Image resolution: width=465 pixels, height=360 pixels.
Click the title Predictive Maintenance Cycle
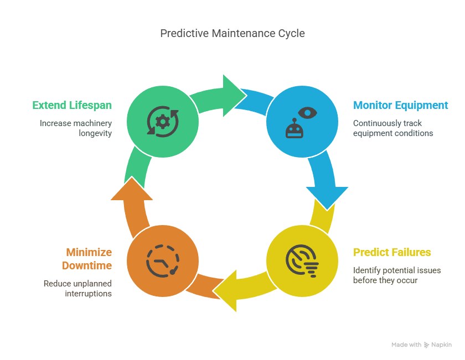point(232,34)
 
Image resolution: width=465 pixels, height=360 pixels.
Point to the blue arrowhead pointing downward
point(327,196)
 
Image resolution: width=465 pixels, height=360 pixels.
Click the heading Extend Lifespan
point(72,105)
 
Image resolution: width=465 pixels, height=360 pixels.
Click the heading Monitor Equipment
point(400,105)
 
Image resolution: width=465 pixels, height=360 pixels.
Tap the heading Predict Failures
point(392,252)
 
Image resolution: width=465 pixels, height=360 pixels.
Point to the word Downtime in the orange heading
point(87,265)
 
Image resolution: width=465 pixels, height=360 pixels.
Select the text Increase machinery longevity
point(76,128)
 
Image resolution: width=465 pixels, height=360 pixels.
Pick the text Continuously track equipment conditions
point(393,128)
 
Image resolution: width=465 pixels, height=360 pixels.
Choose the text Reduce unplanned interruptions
point(78,288)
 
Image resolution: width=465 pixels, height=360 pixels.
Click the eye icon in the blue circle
point(308,112)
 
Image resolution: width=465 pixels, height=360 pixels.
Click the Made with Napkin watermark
point(421,345)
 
